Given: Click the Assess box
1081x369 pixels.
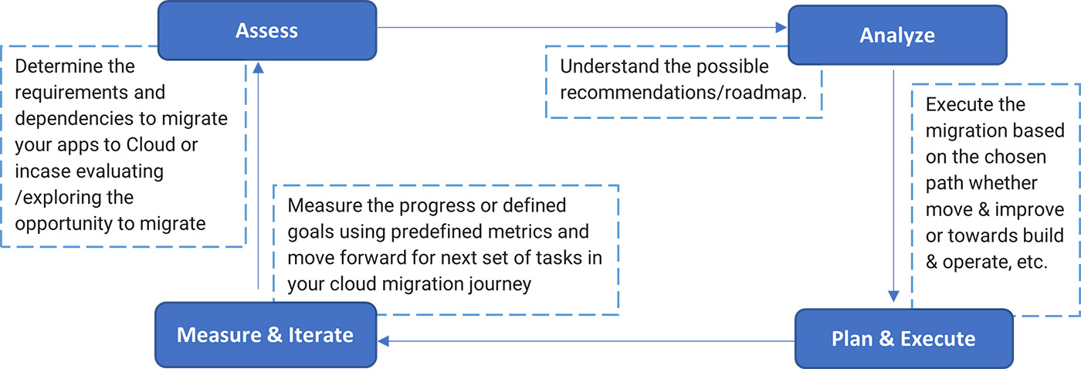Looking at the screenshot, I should [x=266, y=31].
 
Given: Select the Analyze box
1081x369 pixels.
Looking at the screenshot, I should [x=896, y=35].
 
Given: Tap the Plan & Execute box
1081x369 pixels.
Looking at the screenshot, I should [x=903, y=338].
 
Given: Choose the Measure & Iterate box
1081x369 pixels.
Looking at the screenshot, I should [x=265, y=334].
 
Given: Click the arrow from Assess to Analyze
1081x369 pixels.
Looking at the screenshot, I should [x=579, y=29].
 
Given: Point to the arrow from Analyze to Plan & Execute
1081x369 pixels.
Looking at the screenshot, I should [x=893, y=185].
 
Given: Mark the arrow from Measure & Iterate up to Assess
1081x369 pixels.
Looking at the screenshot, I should [x=259, y=178].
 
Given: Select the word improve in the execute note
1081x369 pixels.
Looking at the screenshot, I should [x=1035, y=209].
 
